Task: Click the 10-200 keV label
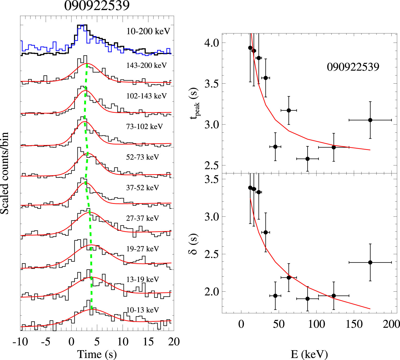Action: (148, 31)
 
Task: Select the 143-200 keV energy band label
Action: (146, 65)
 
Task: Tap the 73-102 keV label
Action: (144, 126)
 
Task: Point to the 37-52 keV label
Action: (142, 188)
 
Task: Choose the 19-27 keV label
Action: (142, 249)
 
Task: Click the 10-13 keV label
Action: (142, 310)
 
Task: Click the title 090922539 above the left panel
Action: (97, 6)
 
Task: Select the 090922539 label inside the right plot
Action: (353, 67)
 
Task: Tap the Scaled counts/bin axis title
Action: (5, 173)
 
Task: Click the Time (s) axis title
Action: (97, 354)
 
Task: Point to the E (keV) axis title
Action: (309, 354)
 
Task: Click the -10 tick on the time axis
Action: (20, 342)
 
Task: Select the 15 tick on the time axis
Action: (148, 342)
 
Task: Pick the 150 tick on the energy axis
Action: (354, 324)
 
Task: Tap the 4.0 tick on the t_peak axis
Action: (211, 43)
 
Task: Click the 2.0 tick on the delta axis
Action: (211, 292)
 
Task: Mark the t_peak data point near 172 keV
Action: (370, 120)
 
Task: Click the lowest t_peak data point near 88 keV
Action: (307, 159)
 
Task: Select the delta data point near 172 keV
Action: (370, 262)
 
